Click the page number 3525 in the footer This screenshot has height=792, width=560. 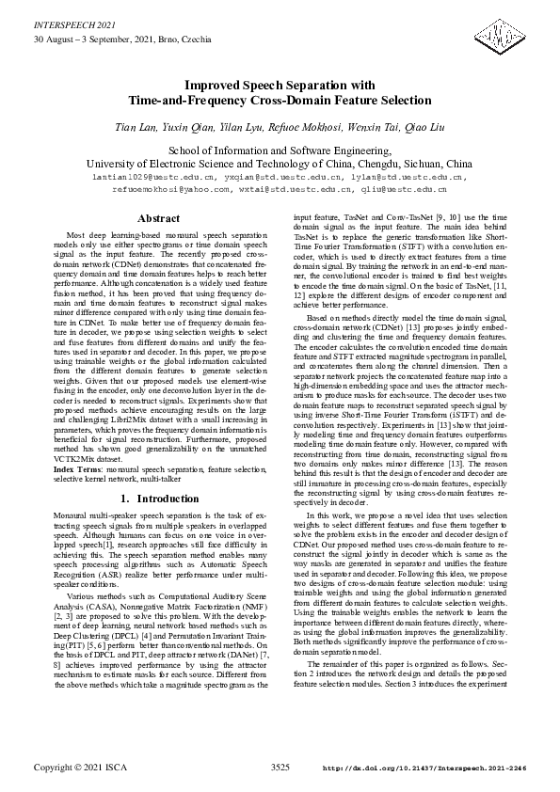pos(280,768)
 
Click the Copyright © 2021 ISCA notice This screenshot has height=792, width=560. pos(79,768)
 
